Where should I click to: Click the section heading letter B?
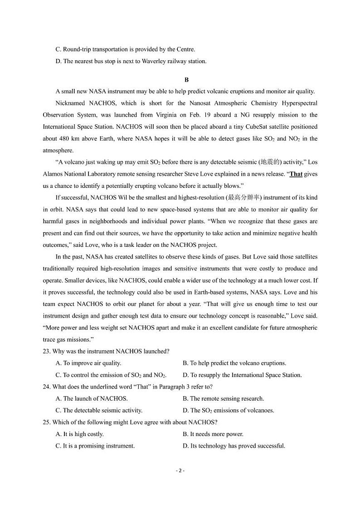(x=180, y=80)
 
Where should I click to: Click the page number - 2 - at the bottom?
(x=180, y=471)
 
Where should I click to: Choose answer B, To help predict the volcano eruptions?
(x=234, y=363)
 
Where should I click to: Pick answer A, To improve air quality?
(x=88, y=363)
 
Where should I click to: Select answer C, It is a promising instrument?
(x=95, y=446)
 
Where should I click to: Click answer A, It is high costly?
(x=80, y=434)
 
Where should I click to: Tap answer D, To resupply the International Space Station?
(x=242, y=375)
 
